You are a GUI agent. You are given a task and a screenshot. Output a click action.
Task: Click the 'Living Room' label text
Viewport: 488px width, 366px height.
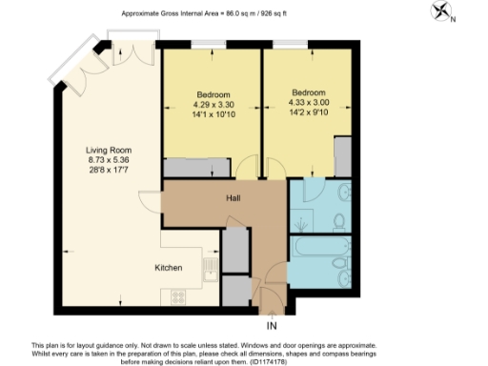[x=109, y=151]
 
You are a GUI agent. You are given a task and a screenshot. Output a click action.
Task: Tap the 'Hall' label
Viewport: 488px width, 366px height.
[x=232, y=199]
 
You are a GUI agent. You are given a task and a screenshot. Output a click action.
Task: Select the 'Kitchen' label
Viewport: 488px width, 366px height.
[x=168, y=269]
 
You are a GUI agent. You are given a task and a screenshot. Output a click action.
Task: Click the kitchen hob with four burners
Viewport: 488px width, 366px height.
[x=178, y=296]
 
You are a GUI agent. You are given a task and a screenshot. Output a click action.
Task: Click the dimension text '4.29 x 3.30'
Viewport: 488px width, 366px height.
[x=213, y=106]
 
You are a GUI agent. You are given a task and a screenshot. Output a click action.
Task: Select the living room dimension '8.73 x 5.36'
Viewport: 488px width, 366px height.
[x=109, y=162]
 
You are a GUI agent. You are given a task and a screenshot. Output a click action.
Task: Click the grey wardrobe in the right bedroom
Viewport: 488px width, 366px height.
[x=342, y=154]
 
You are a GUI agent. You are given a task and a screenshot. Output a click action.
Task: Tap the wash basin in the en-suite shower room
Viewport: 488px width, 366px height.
[x=341, y=220]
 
